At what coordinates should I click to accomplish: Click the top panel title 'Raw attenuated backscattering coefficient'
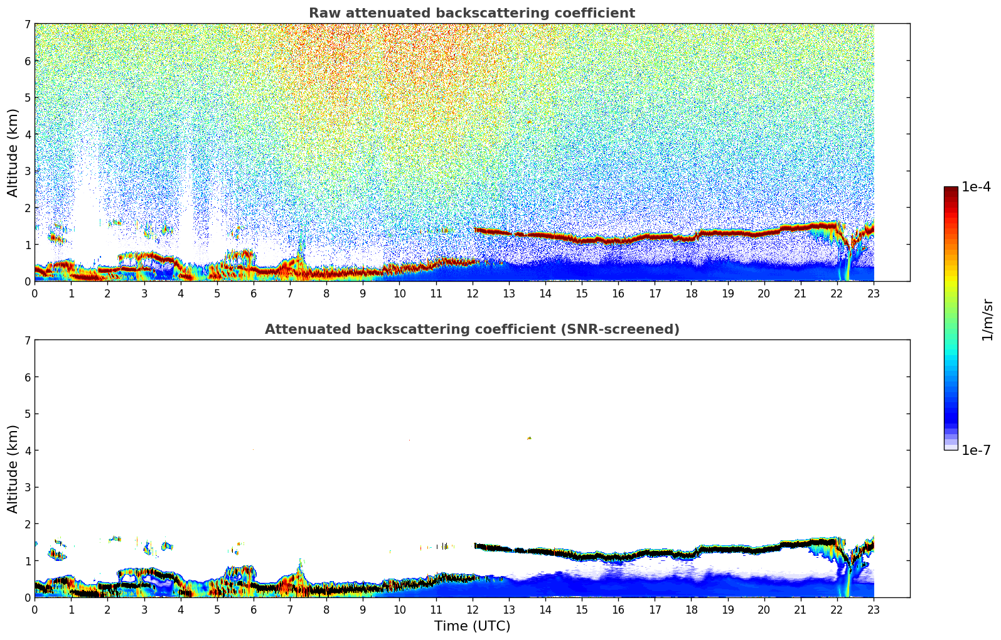[x=471, y=13]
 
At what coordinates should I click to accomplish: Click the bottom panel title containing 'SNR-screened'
[x=471, y=329]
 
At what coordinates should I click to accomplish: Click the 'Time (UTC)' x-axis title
[x=472, y=626]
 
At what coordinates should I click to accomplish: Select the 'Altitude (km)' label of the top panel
[x=13, y=152]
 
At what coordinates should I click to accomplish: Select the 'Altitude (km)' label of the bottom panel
[x=13, y=469]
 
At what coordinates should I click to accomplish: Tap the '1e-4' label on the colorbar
[x=976, y=187]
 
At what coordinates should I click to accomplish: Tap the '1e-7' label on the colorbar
[x=976, y=450]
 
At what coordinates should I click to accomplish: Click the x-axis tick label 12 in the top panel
[x=472, y=293]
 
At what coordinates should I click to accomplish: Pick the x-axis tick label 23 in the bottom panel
[x=874, y=609]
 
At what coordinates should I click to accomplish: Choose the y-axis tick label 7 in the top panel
[x=27, y=24]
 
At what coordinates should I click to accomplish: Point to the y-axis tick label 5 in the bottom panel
[x=27, y=414]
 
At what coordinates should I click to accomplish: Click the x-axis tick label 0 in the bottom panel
[x=35, y=609]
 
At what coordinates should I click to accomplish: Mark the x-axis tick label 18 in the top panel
[x=691, y=293]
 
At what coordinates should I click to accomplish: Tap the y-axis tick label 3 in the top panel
[x=27, y=171]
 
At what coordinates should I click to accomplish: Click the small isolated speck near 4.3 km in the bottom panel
[x=529, y=438]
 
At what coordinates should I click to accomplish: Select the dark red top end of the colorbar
[x=950, y=189]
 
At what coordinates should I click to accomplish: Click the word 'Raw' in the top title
[x=323, y=13]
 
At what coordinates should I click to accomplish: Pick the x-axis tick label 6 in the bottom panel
[x=254, y=609]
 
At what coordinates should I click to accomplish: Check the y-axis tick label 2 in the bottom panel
[x=27, y=524]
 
